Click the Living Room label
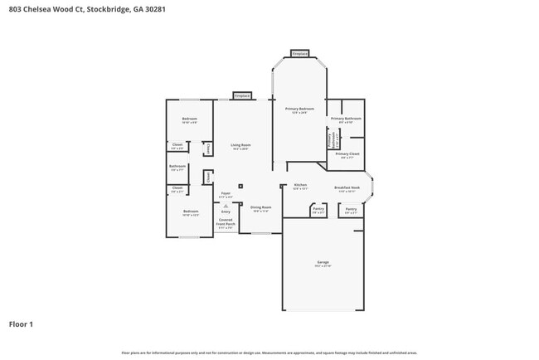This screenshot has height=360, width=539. pos(240,146)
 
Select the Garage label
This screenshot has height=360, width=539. pos(323,263)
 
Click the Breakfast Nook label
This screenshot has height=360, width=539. pos(347,188)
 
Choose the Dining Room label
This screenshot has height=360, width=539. pos(261,208)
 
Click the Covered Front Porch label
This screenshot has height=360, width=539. pos(226,223)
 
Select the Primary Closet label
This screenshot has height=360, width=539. pos(347,155)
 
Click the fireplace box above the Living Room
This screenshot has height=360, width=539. pos(241,95)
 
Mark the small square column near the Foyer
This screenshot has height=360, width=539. pos(241,187)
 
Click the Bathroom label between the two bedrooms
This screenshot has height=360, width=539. pos(177,167)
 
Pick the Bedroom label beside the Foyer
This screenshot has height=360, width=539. pos(190,212)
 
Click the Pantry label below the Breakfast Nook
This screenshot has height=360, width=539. pos(351,210)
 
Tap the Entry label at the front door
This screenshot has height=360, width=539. pos(226,212)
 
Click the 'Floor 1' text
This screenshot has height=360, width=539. pos(21,324)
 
